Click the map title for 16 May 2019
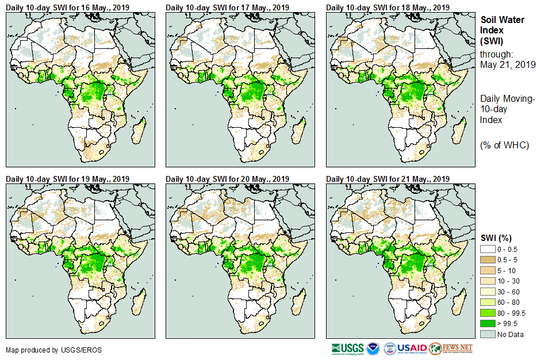click(x=68, y=7)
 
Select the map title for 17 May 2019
click(x=228, y=7)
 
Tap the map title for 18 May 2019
click(x=388, y=7)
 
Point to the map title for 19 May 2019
click(x=68, y=178)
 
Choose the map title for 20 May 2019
click(x=228, y=178)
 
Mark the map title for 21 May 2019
click(x=388, y=178)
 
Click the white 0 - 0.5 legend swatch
click(x=488, y=248)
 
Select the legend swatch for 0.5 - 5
click(x=488, y=259)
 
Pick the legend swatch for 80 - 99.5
click(x=488, y=313)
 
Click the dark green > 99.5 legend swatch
click(x=488, y=323)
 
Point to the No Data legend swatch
click(x=488, y=334)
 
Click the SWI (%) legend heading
click(x=496, y=238)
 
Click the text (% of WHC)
click(x=504, y=144)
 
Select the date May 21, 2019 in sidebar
click(x=508, y=64)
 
